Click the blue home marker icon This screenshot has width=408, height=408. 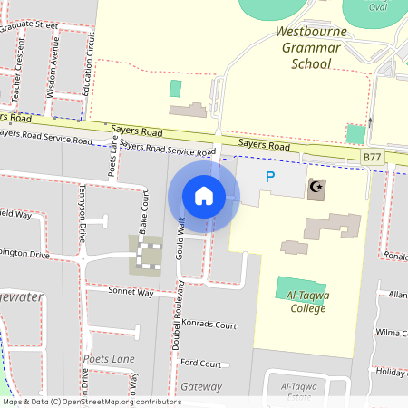point(204,196)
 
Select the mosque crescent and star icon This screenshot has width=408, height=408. point(316,189)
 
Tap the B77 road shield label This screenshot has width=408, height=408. point(372,157)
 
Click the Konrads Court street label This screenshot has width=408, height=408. point(208,325)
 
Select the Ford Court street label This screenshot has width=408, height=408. point(200,364)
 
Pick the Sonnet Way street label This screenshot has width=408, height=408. point(131,293)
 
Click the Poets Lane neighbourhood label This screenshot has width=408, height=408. point(110,359)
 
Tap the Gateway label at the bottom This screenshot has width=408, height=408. point(201,386)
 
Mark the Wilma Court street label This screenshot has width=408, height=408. point(392,333)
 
